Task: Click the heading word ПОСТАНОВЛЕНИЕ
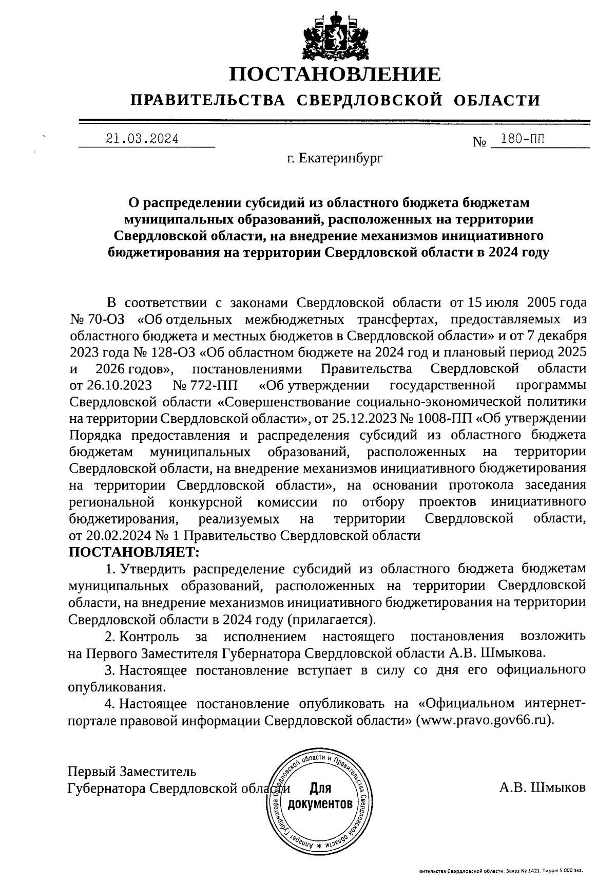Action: point(334,74)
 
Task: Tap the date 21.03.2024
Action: point(142,139)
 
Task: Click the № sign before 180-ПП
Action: point(479,141)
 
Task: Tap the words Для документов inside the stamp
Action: point(320,796)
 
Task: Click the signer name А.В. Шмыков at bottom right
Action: point(542,788)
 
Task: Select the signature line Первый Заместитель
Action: point(132,771)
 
